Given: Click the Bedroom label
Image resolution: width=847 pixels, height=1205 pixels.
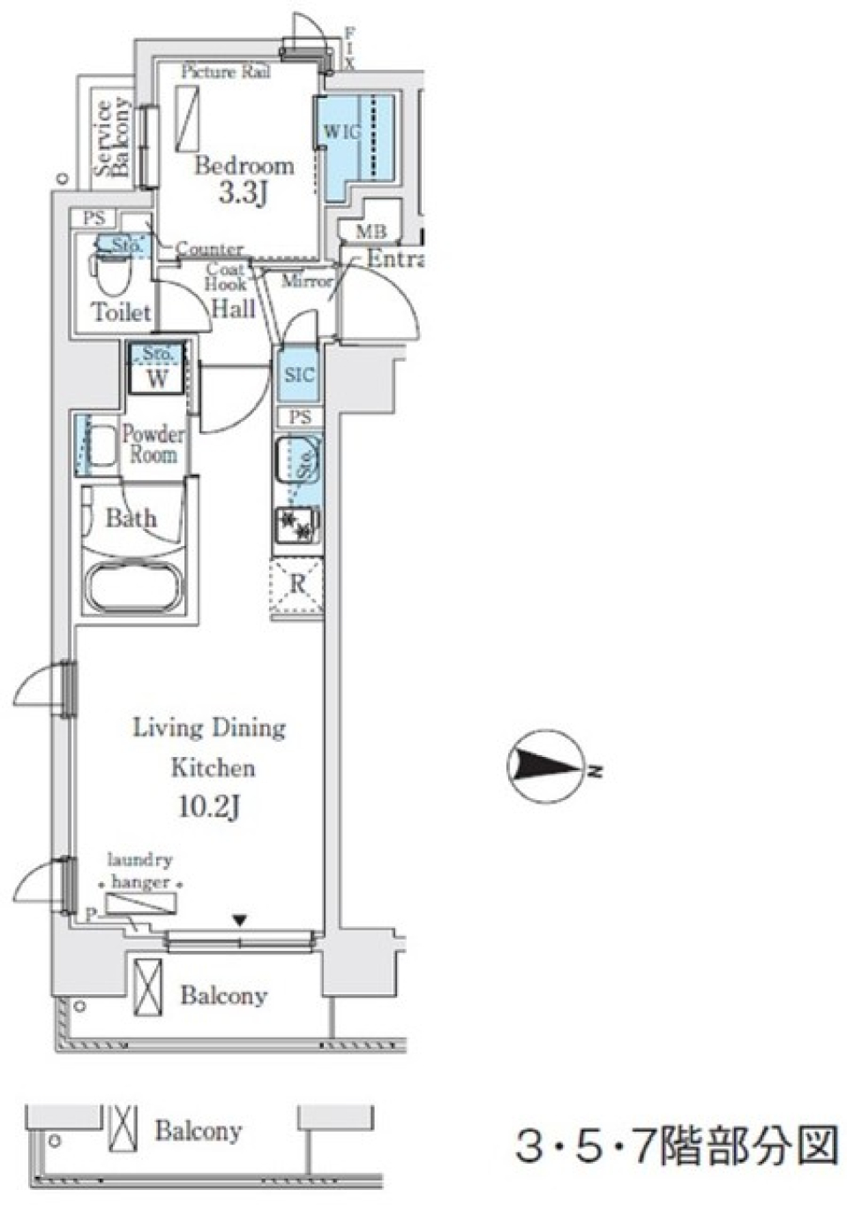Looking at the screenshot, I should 244,165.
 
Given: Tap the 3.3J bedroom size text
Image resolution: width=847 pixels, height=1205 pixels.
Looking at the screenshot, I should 243,193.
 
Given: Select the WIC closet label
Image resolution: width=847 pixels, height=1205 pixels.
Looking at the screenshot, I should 341,132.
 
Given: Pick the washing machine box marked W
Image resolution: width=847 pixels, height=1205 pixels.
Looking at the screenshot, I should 157,379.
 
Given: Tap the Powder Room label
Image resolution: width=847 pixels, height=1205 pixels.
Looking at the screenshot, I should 153,445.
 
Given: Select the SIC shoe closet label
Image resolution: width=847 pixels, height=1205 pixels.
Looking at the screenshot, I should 299,375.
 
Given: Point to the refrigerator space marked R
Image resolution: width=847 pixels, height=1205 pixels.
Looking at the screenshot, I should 297,584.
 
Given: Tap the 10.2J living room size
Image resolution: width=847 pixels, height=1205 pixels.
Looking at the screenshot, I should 209,806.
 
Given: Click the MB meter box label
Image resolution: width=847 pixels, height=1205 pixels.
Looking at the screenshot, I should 371,233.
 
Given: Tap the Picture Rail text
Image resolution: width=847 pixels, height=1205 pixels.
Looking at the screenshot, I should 226,72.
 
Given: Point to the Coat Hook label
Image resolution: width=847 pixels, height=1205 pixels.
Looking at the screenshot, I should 226,277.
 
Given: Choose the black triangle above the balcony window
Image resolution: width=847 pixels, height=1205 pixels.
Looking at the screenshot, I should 240,921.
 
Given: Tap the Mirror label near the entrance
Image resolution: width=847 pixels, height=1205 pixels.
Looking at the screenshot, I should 306,281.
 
